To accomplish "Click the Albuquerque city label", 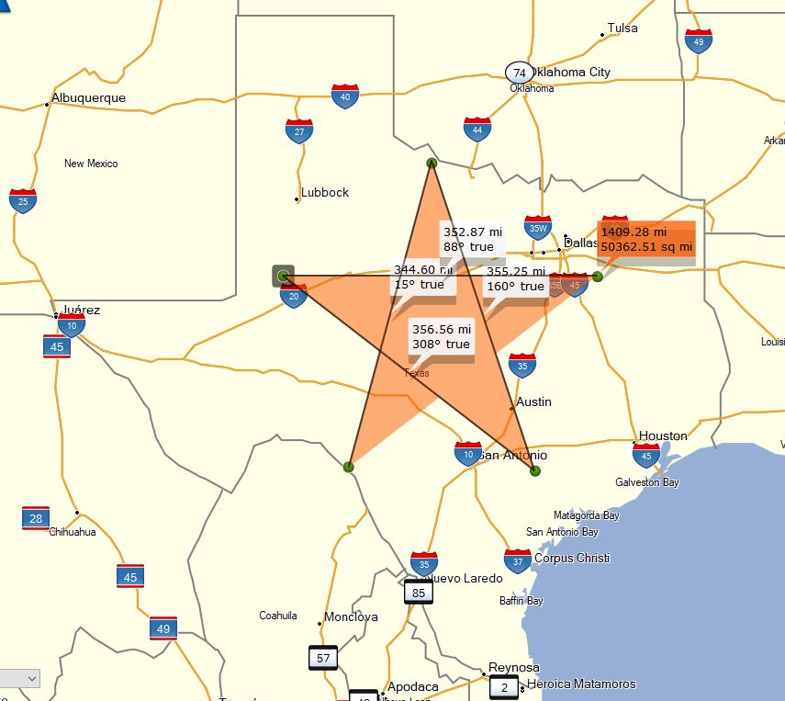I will pos(88,98).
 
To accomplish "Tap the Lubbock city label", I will pos(325,193).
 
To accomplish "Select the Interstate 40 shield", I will pos(345,96).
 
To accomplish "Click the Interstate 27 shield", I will pos(299,131).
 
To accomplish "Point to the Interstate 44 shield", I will pos(477,130).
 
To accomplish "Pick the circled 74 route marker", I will pos(520,73).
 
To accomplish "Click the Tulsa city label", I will pos(622,28).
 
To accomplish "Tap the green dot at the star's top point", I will pos(432,163).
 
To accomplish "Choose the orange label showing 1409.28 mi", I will pos(646,238).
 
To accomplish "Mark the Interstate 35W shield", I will pos(538,228).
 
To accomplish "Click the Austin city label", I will pos(533,402).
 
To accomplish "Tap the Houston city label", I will pos(663,436).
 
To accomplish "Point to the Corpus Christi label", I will pos(571,559).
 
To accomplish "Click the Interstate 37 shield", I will pos(518,560).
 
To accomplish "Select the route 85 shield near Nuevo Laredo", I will pos(419,593).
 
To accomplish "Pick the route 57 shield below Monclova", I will pos(323,658).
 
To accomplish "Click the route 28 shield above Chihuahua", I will pos(36,518).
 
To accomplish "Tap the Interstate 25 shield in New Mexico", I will pos(23,200).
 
